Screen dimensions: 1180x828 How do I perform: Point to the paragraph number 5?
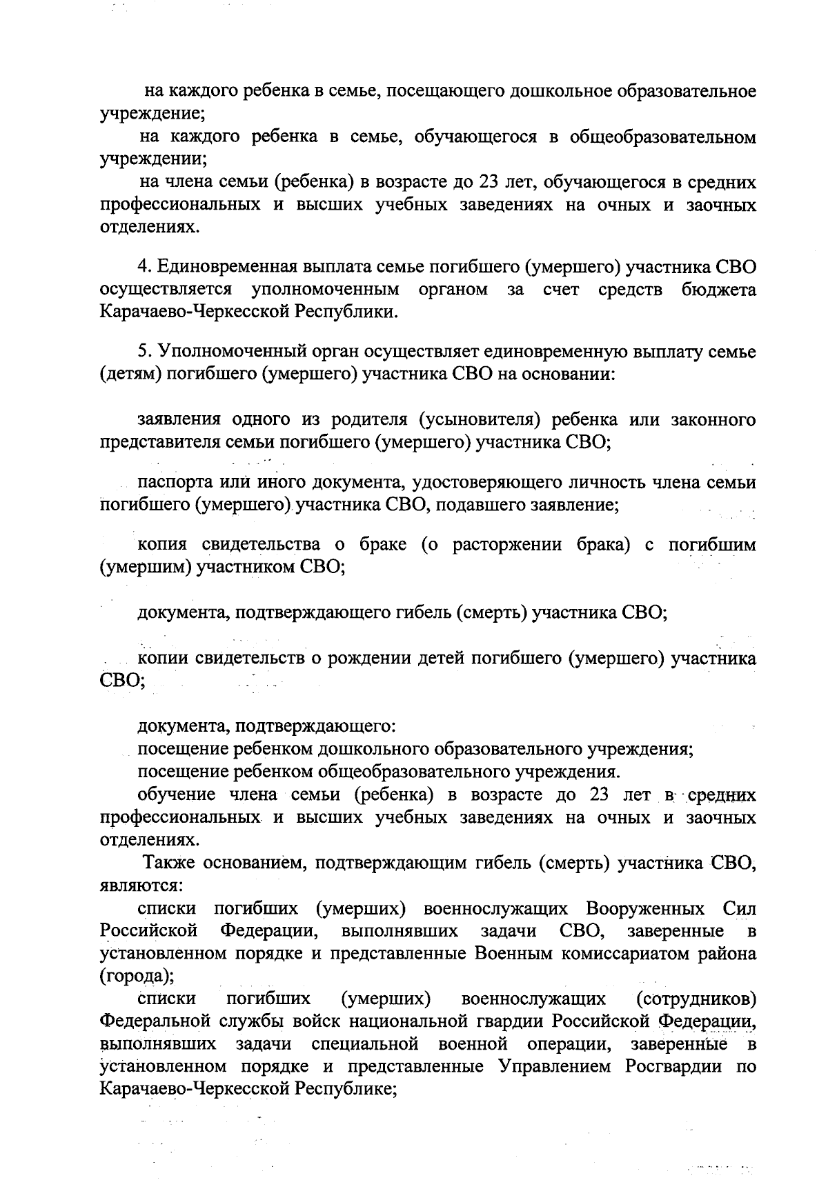(143, 352)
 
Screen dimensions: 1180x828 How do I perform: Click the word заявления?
(179, 419)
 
